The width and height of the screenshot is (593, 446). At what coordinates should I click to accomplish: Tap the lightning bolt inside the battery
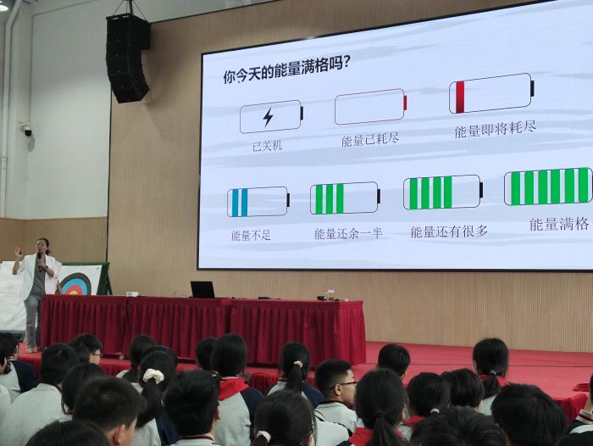click(x=269, y=117)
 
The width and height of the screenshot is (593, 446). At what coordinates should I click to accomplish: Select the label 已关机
click(x=268, y=145)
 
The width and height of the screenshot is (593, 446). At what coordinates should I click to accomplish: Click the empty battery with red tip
click(x=371, y=106)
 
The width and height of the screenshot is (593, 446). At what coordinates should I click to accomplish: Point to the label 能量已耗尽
click(x=370, y=139)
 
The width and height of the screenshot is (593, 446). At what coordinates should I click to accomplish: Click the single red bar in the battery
click(x=460, y=97)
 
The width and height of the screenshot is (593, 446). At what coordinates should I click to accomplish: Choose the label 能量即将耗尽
click(x=495, y=129)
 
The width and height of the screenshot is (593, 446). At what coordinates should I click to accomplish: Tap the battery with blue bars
click(x=258, y=202)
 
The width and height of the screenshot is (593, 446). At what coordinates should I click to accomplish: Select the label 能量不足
click(x=251, y=236)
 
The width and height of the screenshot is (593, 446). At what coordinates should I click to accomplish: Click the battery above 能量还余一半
click(x=345, y=198)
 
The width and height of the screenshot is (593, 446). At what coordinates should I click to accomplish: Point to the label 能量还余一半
click(x=348, y=233)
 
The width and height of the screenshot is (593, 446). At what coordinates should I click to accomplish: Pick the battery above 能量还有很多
click(x=443, y=192)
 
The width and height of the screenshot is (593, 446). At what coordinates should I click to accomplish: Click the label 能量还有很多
click(x=449, y=231)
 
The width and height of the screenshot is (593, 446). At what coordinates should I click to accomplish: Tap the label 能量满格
click(x=559, y=224)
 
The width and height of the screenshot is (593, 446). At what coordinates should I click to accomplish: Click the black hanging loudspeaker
click(x=127, y=58)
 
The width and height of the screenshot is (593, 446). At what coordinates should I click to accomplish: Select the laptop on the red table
click(x=202, y=290)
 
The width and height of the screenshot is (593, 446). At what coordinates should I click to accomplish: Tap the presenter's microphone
click(x=39, y=259)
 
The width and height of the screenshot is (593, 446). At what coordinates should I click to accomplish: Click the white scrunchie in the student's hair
click(x=153, y=376)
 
